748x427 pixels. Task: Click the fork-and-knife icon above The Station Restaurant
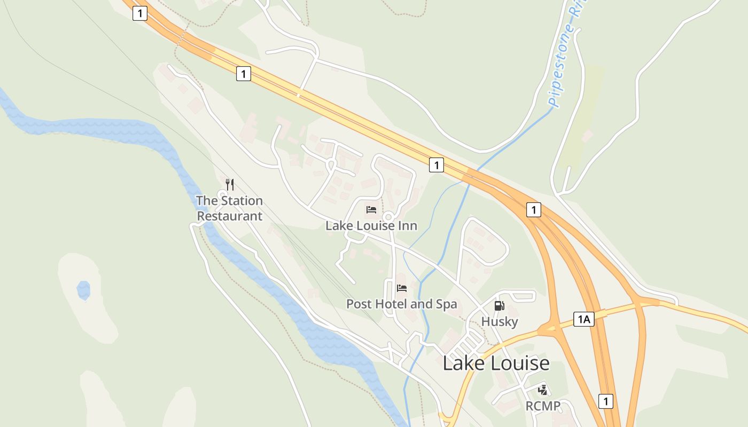click(230, 185)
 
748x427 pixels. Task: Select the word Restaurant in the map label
click(230, 216)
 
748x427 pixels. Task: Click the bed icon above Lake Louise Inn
click(371, 209)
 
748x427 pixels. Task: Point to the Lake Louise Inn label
click(371, 226)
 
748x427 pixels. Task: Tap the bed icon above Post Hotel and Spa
click(402, 288)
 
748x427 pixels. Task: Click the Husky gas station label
click(500, 321)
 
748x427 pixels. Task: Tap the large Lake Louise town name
click(496, 363)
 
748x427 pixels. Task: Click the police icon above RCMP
click(543, 390)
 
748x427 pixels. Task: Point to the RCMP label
click(543, 406)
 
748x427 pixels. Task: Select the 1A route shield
click(583, 319)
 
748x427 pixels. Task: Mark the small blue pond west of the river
click(83, 290)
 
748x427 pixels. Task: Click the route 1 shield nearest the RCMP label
click(605, 401)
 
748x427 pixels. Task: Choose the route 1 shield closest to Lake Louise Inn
click(437, 165)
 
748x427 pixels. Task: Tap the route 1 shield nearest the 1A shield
click(533, 210)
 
